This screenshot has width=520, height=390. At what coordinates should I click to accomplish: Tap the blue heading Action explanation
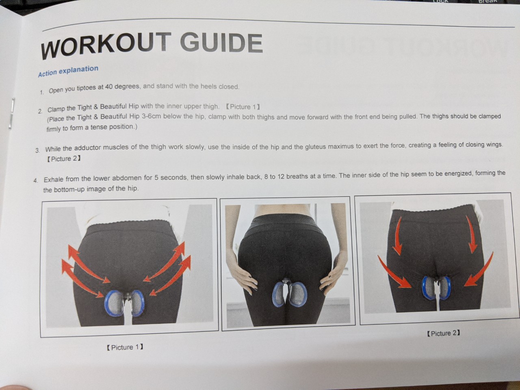pos(68,71)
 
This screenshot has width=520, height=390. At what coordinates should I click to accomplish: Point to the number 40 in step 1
pos(109,87)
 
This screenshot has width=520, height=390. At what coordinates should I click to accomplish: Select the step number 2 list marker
pos(40,111)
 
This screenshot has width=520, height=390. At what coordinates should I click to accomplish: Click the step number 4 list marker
pos(36,180)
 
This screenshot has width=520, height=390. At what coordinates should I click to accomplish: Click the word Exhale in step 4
pos(54,179)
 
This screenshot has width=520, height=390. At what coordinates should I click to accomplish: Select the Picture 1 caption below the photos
pos(125,347)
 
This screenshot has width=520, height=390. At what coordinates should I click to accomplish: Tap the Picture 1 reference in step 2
pos(243,107)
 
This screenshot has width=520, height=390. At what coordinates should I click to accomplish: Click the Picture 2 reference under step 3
pos(63,159)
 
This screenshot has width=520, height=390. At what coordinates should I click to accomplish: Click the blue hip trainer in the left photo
pos(123,303)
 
